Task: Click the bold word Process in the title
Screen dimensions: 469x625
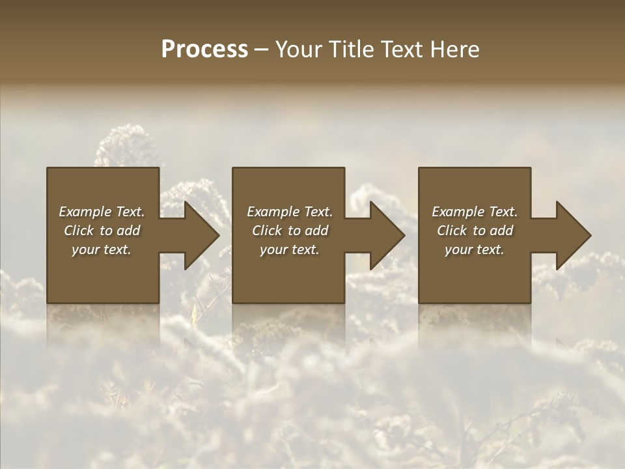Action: click(x=204, y=50)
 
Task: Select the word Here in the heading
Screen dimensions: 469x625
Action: click(x=454, y=50)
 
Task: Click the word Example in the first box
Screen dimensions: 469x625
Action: click(x=85, y=212)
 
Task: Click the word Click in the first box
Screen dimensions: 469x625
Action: click(x=79, y=231)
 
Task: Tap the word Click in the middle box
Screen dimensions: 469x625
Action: click(x=267, y=231)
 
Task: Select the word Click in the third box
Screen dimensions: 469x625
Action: click(x=452, y=231)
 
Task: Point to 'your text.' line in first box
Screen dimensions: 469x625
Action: click(x=102, y=249)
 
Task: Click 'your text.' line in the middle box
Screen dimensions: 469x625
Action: click(x=289, y=249)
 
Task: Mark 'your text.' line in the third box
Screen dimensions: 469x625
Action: click(x=475, y=249)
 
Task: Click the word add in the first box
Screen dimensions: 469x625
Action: click(x=129, y=231)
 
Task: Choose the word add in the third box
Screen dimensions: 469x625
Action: click(x=502, y=231)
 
